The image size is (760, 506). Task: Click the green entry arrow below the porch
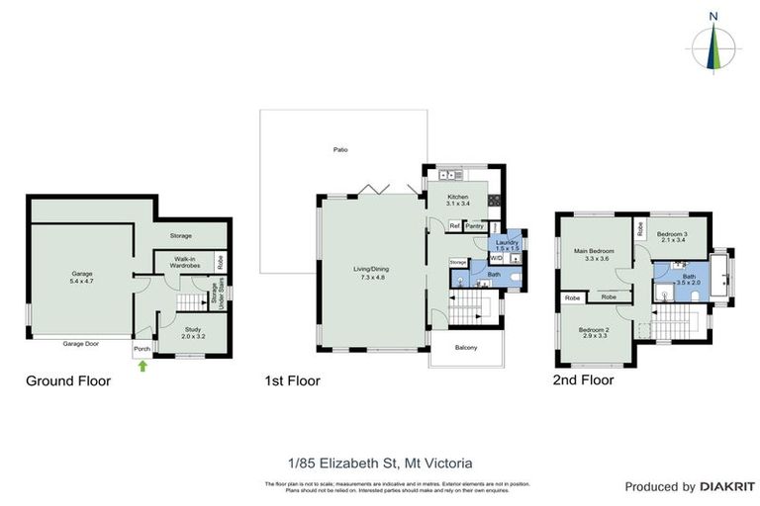pyautogui.click(x=142, y=367)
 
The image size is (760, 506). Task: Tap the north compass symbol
pyautogui.click(x=714, y=44)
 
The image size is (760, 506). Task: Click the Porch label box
pyautogui.click(x=142, y=349)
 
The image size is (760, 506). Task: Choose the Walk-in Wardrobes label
pyautogui.click(x=180, y=263)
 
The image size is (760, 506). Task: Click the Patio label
pyautogui.click(x=340, y=149)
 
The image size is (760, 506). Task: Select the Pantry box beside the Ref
pyautogui.click(x=475, y=226)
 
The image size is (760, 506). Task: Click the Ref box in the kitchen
pyautogui.click(x=454, y=226)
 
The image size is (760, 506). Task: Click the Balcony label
pyautogui.click(x=466, y=347)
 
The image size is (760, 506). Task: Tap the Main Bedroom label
pyautogui.click(x=595, y=254)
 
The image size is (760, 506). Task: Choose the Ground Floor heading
pyautogui.click(x=68, y=380)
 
